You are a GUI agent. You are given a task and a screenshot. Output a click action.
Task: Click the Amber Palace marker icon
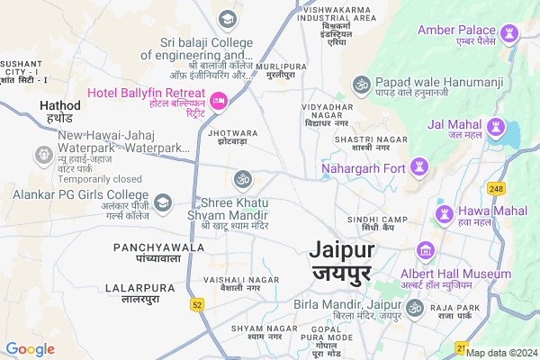(x=512, y=32)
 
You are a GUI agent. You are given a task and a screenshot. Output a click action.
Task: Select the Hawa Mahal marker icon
(x=444, y=213)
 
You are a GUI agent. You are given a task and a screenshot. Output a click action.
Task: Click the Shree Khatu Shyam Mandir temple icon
(x=241, y=179)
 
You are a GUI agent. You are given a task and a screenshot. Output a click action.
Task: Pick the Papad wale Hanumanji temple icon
(x=362, y=84)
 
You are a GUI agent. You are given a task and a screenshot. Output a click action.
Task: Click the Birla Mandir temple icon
(x=414, y=309)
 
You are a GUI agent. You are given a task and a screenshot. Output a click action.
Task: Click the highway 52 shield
(x=197, y=306)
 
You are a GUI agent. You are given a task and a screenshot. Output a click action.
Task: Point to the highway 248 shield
(x=497, y=188)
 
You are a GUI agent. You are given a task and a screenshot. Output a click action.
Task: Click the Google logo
(x=31, y=349)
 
